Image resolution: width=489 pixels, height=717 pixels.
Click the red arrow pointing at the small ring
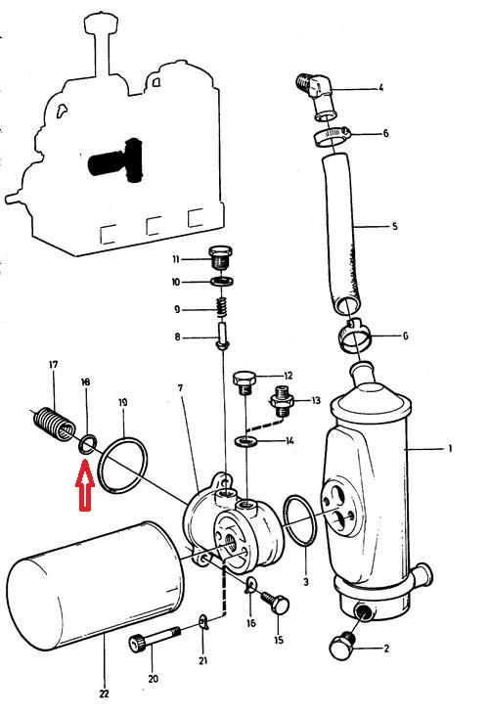[x=85, y=485]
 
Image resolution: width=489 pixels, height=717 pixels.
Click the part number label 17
[x=54, y=365]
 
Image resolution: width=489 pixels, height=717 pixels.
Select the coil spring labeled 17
[x=55, y=424]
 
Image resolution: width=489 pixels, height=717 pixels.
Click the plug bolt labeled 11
[x=221, y=257]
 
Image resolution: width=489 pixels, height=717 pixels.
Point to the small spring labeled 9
[x=222, y=306]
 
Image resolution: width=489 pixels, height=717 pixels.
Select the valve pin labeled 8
[x=223, y=336]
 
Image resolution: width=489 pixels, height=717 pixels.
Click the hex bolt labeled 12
[x=244, y=382]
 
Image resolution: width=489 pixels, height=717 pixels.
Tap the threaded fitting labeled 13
[x=281, y=400]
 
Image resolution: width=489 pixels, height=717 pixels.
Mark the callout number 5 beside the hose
[x=394, y=226]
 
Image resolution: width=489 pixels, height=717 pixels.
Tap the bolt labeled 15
[x=276, y=603]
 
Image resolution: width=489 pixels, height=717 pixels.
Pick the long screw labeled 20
[x=155, y=639]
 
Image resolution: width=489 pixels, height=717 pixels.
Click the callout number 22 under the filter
[x=105, y=694]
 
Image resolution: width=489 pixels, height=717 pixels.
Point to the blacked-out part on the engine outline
[x=115, y=160]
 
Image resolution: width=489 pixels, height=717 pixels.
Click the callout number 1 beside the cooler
[x=450, y=449]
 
